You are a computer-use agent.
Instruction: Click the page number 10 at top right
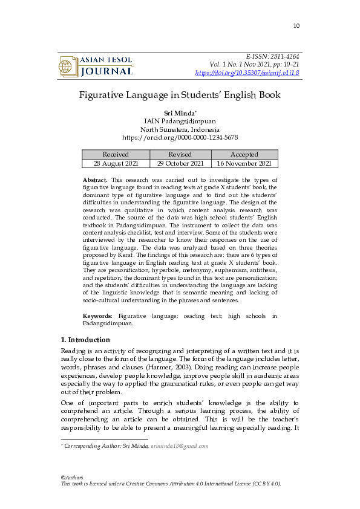(x=296, y=25)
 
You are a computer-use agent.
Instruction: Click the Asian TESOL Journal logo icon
(x=67, y=66)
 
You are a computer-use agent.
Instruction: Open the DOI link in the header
(x=247, y=73)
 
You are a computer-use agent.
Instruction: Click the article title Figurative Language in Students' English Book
(x=180, y=95)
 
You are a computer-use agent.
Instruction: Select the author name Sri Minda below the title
(x=178, y=113)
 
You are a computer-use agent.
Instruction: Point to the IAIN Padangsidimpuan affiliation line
(x=180, y=121)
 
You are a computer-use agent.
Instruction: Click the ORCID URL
(x=180, y=138)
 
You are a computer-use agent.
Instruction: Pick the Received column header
(x=116, y=154)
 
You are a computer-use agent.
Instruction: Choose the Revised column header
(x=180, y=154)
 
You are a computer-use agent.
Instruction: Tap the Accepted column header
(x=244, y=154)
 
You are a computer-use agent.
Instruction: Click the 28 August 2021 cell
(x=116, y=163)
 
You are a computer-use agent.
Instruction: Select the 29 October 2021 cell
(x=180, y=163)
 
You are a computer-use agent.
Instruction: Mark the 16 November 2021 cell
(x=244, y=163)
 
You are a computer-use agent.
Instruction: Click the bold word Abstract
(x=95, y=180)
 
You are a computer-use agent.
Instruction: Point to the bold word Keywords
(x=97, y=316)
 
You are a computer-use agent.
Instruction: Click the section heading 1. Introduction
(x=86, y=340)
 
